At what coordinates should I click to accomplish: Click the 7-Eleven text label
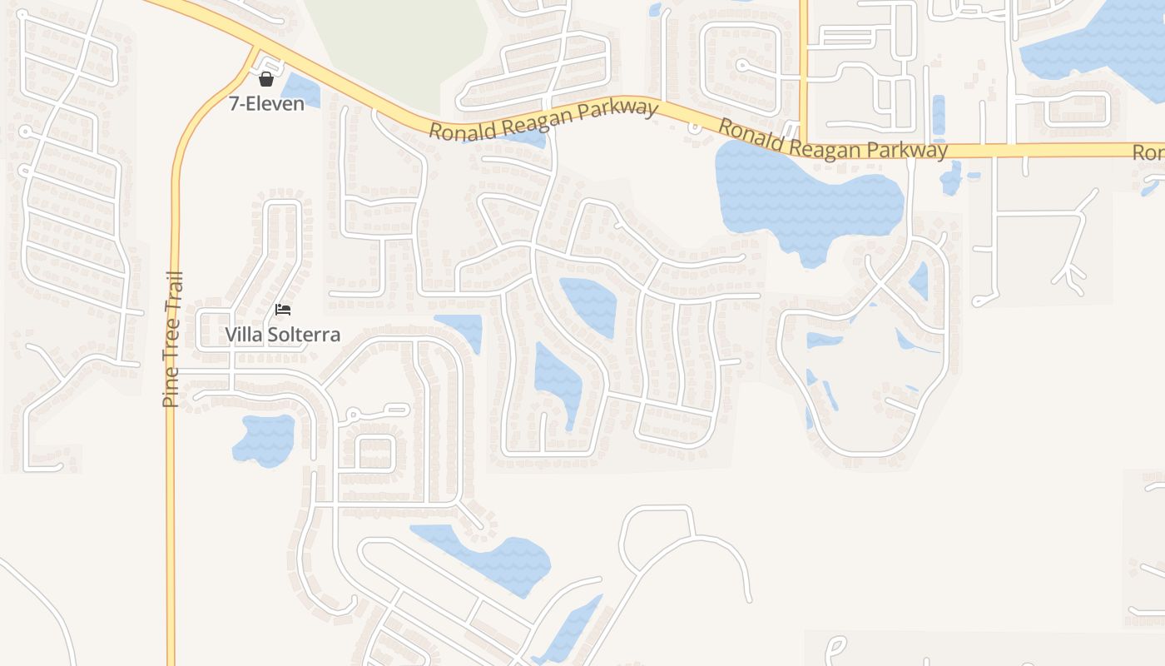tap(266, 104)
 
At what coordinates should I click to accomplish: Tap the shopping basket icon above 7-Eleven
tap(266, 79)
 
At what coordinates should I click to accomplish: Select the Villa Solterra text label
tap(283, 335)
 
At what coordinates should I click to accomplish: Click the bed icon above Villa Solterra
tap(283, 310)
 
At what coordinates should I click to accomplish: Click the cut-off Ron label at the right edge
tap(1148, 153)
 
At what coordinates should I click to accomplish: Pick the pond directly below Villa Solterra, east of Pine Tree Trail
tap(265, 439)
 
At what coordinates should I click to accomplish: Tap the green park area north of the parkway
tap(399, 42)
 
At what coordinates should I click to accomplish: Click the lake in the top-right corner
tap(1098, 42)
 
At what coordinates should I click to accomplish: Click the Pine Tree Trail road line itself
tap(172, 516)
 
